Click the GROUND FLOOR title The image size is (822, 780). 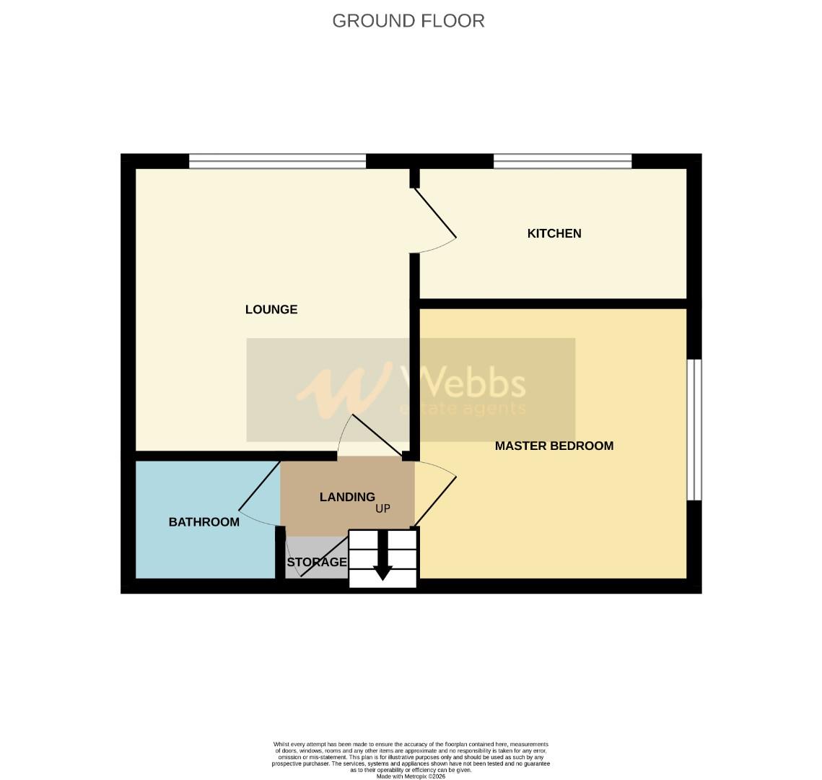(x=408, y=21)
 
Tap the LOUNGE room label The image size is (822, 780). (x=271, y=310)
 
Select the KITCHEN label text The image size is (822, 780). (x=554, y=233)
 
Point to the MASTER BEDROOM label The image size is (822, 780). (x=554, y=446)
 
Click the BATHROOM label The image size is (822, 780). (x=204, y=522)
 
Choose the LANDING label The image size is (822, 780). (x=347, y=497)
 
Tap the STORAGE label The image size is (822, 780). (x=317, y=562)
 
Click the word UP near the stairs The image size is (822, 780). (x=382, y=508)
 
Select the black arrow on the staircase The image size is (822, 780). (x=382, y=556)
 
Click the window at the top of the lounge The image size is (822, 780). (x=277, y=161)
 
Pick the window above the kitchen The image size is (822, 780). (x=562, y=161)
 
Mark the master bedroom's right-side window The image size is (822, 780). (x=694, y=430)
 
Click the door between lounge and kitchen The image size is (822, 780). (x=434, y=214)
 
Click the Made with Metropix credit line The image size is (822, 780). (x=411, y=776)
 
